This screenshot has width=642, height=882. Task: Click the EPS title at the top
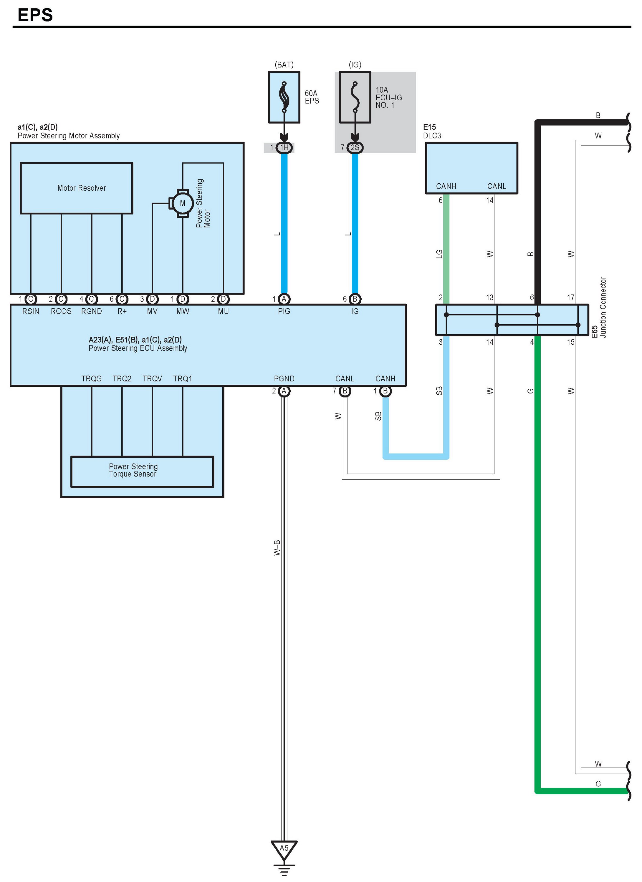[35, 15]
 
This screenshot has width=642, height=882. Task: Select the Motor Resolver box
[76, 188]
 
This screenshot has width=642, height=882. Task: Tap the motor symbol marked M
[183, 203]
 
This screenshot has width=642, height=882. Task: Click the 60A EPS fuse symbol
[284, 97]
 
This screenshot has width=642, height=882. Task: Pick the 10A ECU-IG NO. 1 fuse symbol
[355, 97]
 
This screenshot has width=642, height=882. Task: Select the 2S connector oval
[355, 147]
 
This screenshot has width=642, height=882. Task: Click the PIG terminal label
[284, 311]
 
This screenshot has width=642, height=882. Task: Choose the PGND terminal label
[284, 378]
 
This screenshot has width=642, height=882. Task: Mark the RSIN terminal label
[31, 311]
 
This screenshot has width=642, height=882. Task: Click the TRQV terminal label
[152, 378]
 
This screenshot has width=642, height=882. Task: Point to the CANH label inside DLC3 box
[446, 186]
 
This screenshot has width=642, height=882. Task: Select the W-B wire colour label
[277, 548]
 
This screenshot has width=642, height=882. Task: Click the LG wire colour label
[439, 254]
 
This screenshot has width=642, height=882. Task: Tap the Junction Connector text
[603, 307]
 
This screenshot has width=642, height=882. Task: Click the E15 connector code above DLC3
[430, 127]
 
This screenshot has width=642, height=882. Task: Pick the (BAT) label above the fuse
[284, 64]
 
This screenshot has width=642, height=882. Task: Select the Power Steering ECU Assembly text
[138, 348]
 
